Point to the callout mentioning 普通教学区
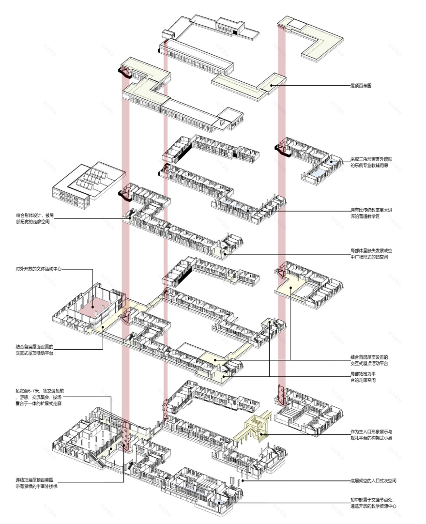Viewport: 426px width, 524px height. [372, 214]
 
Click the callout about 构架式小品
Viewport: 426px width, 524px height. [372, 434]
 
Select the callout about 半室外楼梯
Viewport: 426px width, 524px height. [39, 483]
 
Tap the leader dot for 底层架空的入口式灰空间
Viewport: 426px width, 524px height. [243, 481]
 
